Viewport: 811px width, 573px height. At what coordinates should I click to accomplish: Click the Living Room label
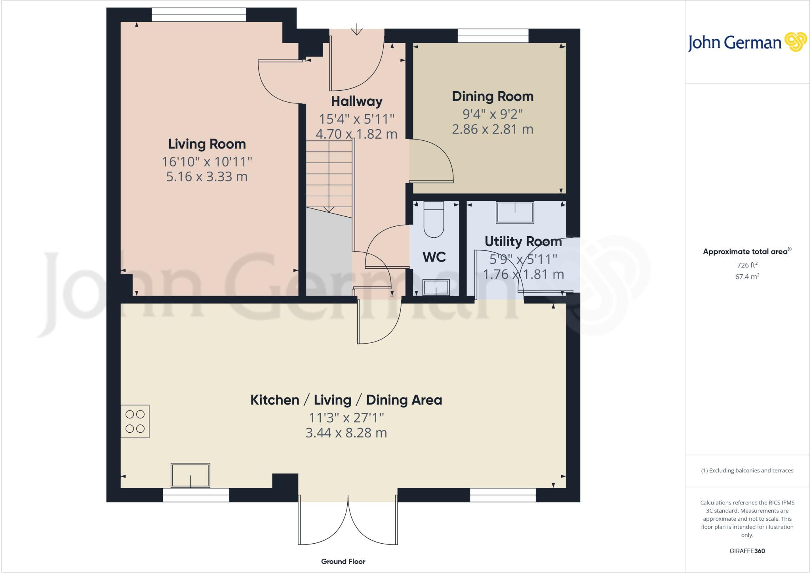pos(207,144)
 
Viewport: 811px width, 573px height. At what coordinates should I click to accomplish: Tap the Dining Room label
pos(493,96)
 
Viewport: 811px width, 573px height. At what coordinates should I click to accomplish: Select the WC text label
pos(434,257)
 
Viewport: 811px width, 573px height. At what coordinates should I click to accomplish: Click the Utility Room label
pos(523,241)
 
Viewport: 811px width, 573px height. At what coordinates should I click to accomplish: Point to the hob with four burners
pos(135,421)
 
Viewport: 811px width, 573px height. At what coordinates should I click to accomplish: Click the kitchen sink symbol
pos(190,475)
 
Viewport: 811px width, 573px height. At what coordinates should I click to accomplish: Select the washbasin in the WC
pos(436,287)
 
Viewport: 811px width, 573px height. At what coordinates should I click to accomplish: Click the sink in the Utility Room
pos(515,212)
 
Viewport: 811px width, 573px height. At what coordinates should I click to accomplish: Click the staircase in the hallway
pos(329,174)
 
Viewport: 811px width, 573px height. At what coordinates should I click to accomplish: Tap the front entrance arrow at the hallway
pos(357,30)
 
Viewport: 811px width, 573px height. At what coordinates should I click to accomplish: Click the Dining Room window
pos(493,36)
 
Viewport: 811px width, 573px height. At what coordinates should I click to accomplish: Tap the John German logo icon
pos(796,42)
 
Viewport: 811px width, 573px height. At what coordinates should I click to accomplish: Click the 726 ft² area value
pos(747,265)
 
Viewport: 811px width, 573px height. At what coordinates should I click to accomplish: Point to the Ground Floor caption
pos(343,561)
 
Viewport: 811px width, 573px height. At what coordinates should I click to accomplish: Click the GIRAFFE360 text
pos(747,551)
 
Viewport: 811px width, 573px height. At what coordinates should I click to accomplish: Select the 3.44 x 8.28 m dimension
pos(346,433)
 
